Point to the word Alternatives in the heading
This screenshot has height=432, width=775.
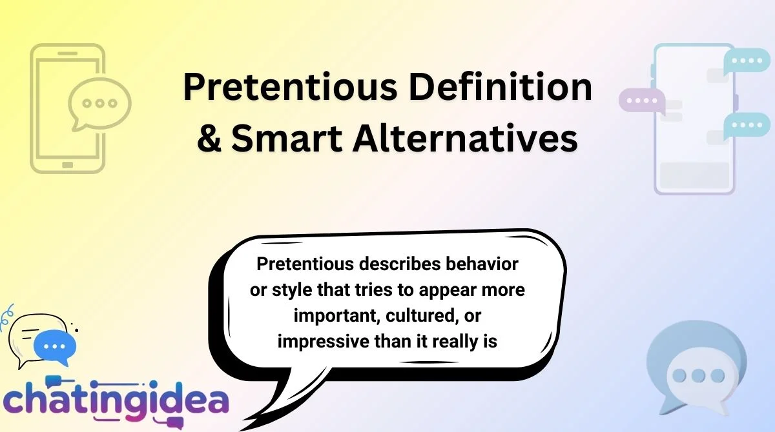465,138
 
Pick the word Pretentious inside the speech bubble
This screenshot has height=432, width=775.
298,264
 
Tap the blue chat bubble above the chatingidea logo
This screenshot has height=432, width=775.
54,346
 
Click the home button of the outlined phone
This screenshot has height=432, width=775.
68,165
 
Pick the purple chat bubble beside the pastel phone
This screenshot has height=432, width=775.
641,101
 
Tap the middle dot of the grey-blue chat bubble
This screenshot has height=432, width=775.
698,375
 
